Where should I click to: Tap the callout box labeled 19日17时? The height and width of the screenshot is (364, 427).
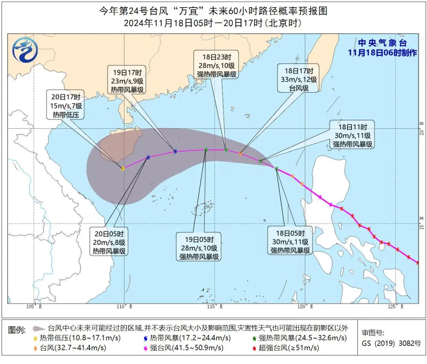point(127,82)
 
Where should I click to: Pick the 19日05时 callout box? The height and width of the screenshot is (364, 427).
point(199,248)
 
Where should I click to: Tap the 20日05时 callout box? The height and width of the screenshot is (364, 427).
point(109,241)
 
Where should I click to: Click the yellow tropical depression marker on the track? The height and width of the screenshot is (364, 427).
point(123,169)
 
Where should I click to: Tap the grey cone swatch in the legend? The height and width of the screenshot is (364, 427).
point(38,328)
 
